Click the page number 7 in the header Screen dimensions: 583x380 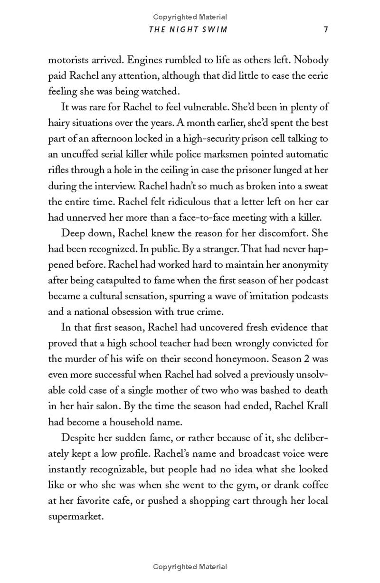click(x=325, y=29)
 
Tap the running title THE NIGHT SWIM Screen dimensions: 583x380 click(x=188, y=29)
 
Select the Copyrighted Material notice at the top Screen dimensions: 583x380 click(x=190, y=17)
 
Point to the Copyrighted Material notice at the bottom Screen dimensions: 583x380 click(x=190, y=566)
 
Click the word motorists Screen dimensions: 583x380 click(x=69, y=60)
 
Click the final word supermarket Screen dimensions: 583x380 click(x=75, y=516)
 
